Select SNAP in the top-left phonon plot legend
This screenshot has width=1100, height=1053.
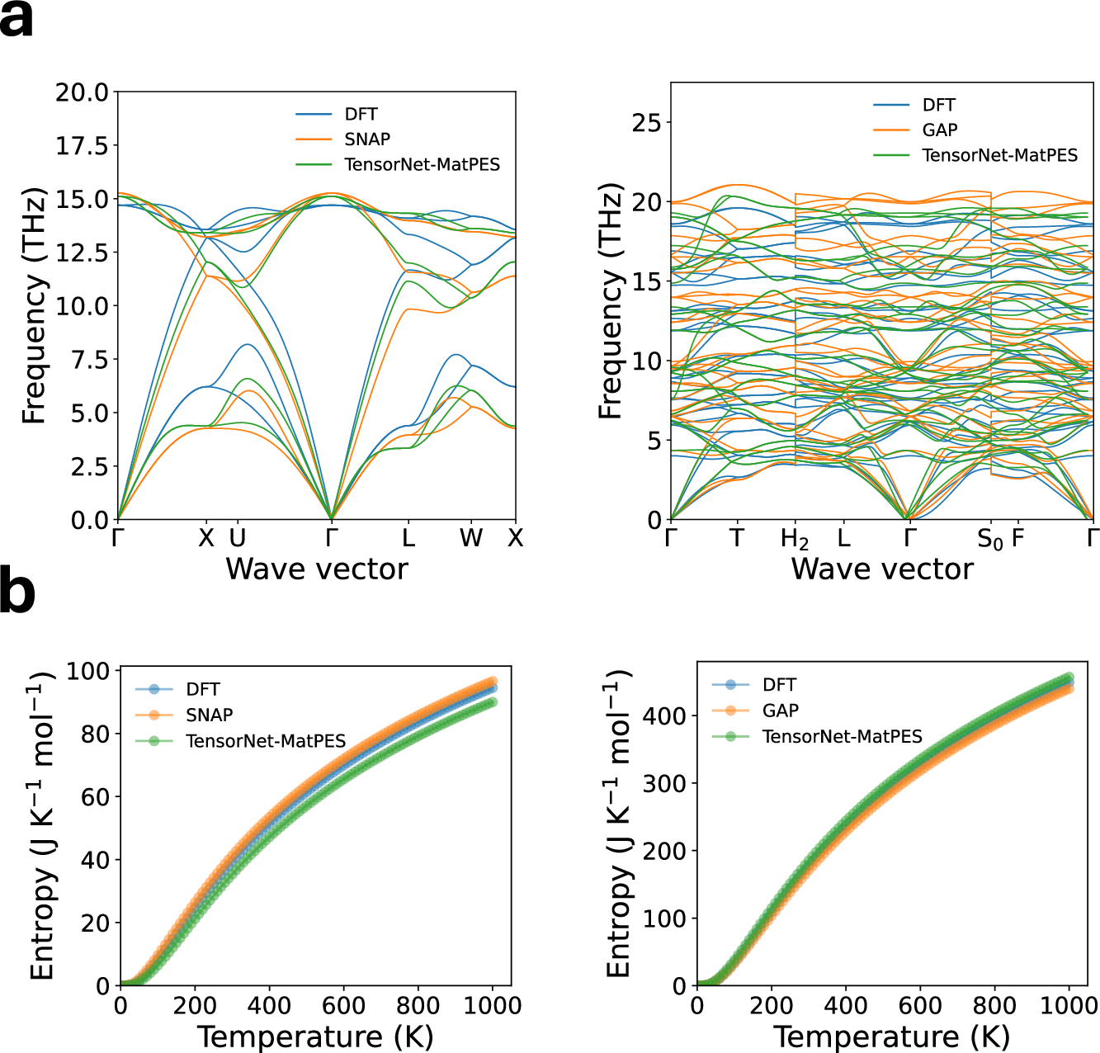click(367, 139)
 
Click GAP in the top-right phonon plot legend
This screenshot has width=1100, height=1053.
click(939, 130)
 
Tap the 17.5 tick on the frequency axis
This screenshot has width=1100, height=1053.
click(82, 146)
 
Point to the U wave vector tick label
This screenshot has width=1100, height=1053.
click(238, 539)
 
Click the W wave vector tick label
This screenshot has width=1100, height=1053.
click(471, 539)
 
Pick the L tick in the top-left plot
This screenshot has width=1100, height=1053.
click(408, 539)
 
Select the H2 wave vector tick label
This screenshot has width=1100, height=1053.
click(795, 541)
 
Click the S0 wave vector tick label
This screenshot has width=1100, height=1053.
click(990, 541)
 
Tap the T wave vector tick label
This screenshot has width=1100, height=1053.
click(737, 539)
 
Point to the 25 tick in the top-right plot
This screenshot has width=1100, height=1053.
click(646, 124)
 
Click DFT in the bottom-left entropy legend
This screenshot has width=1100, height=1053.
click(203, 690)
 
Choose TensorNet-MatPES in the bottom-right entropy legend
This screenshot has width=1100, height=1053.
click(842, 736)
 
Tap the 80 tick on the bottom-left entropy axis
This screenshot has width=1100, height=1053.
click(96, 734)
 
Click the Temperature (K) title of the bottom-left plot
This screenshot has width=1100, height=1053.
click(315, 1036)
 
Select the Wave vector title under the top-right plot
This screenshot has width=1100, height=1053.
click(882, 569)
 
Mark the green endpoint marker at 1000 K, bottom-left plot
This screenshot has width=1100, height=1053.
click(492, 702)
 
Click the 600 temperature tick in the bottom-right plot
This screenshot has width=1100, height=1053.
click(920, 1006)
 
